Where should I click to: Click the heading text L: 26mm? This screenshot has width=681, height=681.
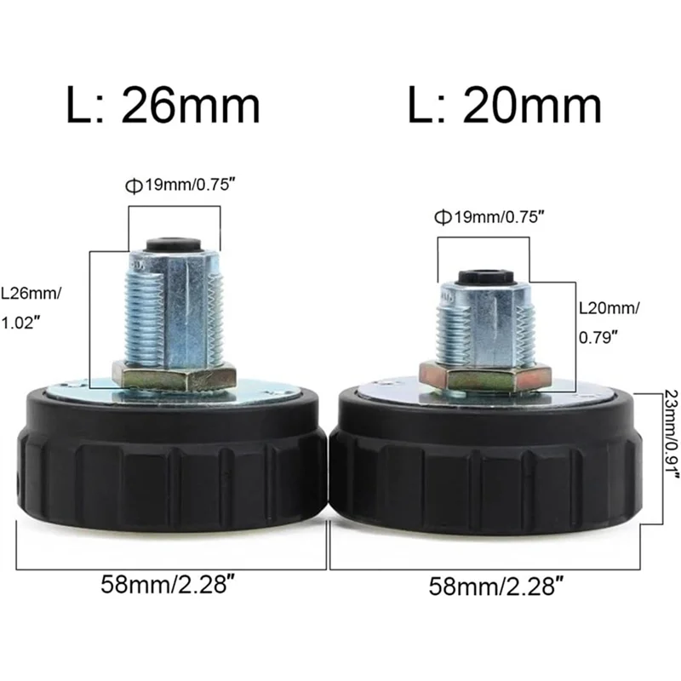click(163, 105)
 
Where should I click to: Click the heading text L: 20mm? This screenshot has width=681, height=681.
click(505, 105)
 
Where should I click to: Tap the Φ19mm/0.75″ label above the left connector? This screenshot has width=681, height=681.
click(183, 186)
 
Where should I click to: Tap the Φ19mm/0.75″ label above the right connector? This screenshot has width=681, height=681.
click(489, 216)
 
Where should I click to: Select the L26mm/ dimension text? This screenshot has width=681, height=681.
click(31, 294)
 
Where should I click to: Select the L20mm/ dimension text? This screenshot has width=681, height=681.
click(609, 308)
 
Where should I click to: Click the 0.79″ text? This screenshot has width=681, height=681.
click(598, 337)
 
